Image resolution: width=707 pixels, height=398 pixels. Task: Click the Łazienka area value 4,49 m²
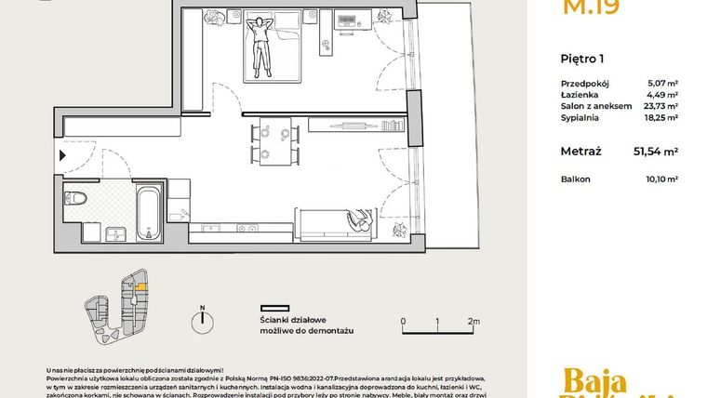tap(662, 94)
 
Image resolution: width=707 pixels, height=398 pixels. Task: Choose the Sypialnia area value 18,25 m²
tap(660, 118)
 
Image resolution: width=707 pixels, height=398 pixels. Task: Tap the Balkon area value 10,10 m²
tap(661, 179)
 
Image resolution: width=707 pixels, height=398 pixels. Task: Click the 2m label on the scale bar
tap(473, 323)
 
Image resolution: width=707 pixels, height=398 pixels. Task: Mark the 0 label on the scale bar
tap(403, 323)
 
